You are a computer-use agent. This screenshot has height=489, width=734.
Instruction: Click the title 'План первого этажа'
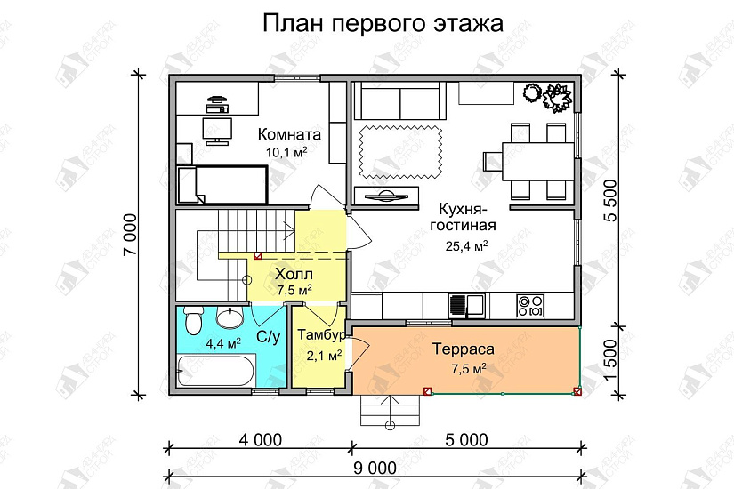click(383, 23)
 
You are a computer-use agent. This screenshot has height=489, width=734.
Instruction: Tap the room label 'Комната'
click(289, 135)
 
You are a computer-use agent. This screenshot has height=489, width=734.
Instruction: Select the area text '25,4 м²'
click(466, 246)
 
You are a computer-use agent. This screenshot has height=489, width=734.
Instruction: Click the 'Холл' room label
click(294, 274)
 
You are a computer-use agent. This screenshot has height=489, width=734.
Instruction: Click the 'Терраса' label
click(464, 349)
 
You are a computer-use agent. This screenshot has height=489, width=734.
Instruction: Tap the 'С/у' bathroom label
click(270, 337)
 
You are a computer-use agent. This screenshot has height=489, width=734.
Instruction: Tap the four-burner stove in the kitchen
click(531, 305)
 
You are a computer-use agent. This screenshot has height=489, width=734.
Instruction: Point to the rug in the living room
click(400, 145)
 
